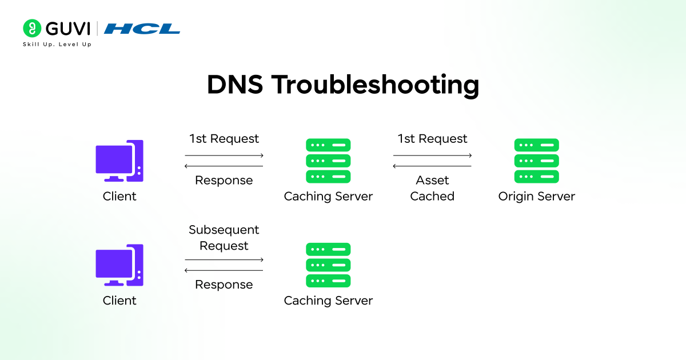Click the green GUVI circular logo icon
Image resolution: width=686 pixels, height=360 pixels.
coord(33,28)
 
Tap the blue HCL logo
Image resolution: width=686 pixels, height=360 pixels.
coord(142,29)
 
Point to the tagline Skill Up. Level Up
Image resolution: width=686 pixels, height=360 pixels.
coord(57,45)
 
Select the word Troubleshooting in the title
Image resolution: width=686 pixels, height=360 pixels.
coord(375,85)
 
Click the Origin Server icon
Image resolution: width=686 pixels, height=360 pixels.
coord(536,161)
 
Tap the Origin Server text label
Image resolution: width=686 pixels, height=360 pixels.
coord(536,197)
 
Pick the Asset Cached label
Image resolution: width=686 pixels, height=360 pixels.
coord(432,188)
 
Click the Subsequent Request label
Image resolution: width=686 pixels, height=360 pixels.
coord(224,238)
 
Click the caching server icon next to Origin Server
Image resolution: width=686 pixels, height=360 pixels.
coord(328,161)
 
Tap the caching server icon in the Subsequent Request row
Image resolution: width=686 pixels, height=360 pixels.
coord(328,265)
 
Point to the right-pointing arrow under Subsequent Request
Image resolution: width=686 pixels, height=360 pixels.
coord(224,260)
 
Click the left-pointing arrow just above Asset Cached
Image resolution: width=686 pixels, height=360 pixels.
coord(432,166)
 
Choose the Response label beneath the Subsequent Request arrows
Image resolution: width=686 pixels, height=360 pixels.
coord(224,285)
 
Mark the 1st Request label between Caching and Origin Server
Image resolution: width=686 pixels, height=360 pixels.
coord(432,139)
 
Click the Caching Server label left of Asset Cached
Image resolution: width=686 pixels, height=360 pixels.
coord(328,197)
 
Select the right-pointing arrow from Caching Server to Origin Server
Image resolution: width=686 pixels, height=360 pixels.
coord(432,155)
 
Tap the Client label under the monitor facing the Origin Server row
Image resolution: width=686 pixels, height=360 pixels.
coord(119,197)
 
